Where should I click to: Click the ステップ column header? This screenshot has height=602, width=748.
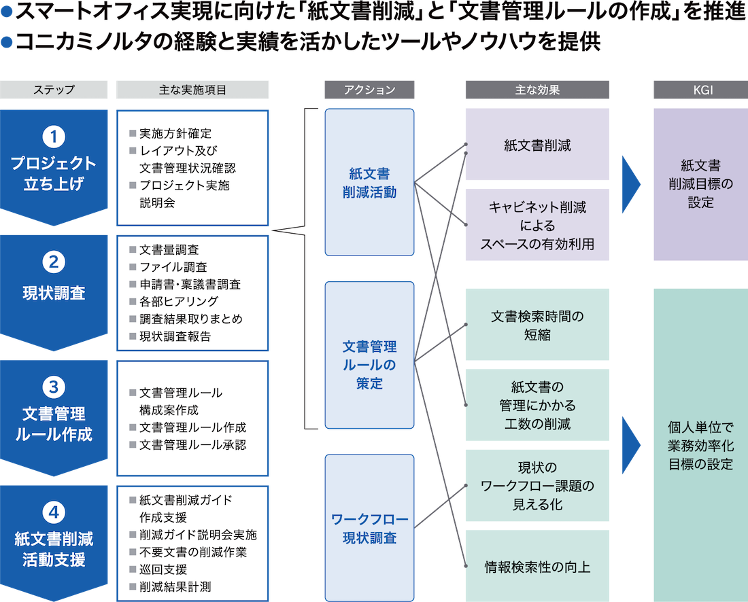54,90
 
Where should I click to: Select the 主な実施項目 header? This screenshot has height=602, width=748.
192,90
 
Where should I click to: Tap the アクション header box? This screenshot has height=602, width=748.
369,90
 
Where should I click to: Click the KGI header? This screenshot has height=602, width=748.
700,90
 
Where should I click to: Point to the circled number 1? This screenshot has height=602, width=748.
54,137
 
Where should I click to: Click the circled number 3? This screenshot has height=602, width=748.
54,387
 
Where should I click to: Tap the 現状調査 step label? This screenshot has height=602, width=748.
54,294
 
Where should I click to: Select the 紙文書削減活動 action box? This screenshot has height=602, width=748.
369,183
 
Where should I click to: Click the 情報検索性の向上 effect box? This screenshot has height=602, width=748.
537,567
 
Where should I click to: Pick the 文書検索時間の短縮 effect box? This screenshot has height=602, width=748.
537,325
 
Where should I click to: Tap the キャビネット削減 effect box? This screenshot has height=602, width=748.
537,225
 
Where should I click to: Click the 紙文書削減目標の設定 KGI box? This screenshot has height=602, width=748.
700,183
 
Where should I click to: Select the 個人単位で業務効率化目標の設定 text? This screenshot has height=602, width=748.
700,446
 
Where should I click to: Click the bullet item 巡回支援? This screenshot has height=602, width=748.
163,569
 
